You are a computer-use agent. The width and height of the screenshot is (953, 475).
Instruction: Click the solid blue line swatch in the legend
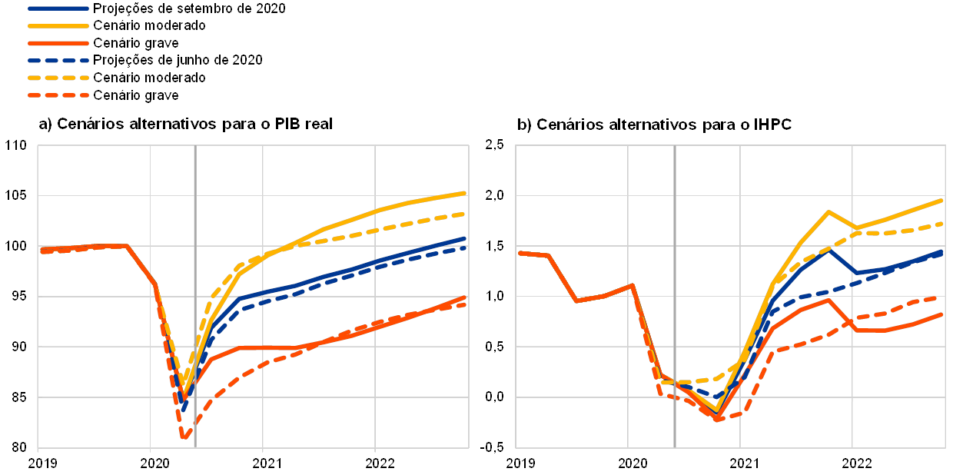(x=58, y=8)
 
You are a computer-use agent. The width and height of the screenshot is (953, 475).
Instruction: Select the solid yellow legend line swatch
(x=58, y=25)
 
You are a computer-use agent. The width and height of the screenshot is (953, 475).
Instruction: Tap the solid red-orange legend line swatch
(x=58, y=43)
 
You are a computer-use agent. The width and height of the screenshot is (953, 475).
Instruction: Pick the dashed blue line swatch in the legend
(x=58, y=60)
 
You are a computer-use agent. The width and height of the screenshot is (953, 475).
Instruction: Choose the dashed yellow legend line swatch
(x=58, y=78)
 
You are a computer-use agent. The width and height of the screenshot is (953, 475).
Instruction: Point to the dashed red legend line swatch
(x=58, y=95)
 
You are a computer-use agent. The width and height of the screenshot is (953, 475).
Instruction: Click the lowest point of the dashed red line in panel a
(x=184, y=438)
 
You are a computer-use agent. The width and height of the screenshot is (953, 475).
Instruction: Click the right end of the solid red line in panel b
(x=944, y=314)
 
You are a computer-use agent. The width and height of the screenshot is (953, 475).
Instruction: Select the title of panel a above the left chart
(x=184, y=124)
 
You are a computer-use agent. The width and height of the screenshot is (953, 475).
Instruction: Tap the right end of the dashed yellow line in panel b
(x=944, y=224)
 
